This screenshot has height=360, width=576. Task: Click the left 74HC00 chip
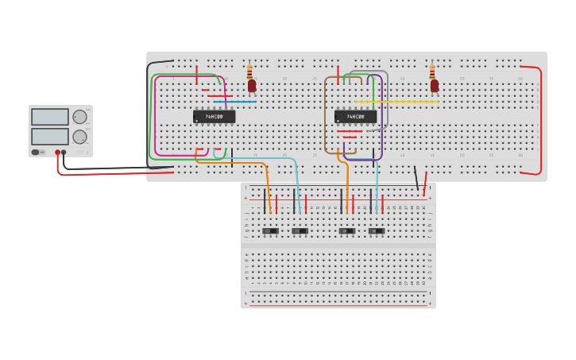click(214, 117)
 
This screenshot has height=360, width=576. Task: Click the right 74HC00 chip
click(355, 117)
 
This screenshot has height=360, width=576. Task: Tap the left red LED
click(252, 85)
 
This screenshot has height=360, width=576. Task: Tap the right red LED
click(435, 85)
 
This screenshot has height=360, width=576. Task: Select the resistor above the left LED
click(249, 72)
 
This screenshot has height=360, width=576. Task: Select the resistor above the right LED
click(432, 72)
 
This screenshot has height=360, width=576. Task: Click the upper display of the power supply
click(50, 117)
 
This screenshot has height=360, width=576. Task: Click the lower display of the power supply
click(50, 136)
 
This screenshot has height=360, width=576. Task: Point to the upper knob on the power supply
click(79, 117)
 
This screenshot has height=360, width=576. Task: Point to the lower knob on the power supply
click(79, 136)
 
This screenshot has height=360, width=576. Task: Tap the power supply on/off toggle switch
click(37, 152)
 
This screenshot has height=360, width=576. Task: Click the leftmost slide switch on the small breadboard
click(270, 231)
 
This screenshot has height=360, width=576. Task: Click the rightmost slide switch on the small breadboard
click(376, 231)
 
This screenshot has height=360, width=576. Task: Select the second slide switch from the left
click(300, 231)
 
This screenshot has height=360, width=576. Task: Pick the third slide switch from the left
click(347, 231)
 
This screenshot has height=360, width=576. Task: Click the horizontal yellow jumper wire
click(397, 102)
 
